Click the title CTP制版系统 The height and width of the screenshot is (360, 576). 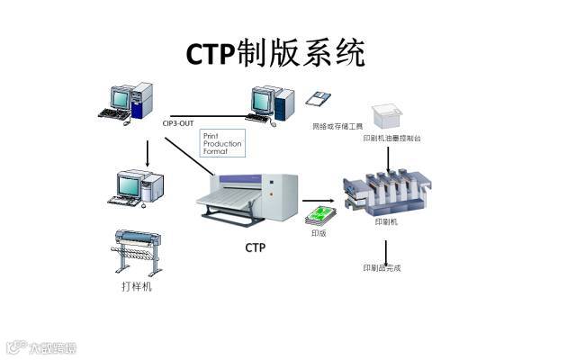(x=275, y=53)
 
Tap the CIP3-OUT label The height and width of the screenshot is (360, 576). (x=178, y=122)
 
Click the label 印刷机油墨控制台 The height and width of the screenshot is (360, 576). (x=391, y=139)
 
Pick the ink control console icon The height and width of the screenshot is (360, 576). (x=387, y=113)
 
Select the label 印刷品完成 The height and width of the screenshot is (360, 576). (x=382, y=267)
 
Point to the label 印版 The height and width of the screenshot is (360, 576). (x=319, y=233)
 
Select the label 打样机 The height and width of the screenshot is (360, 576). (x=137, y=287)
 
